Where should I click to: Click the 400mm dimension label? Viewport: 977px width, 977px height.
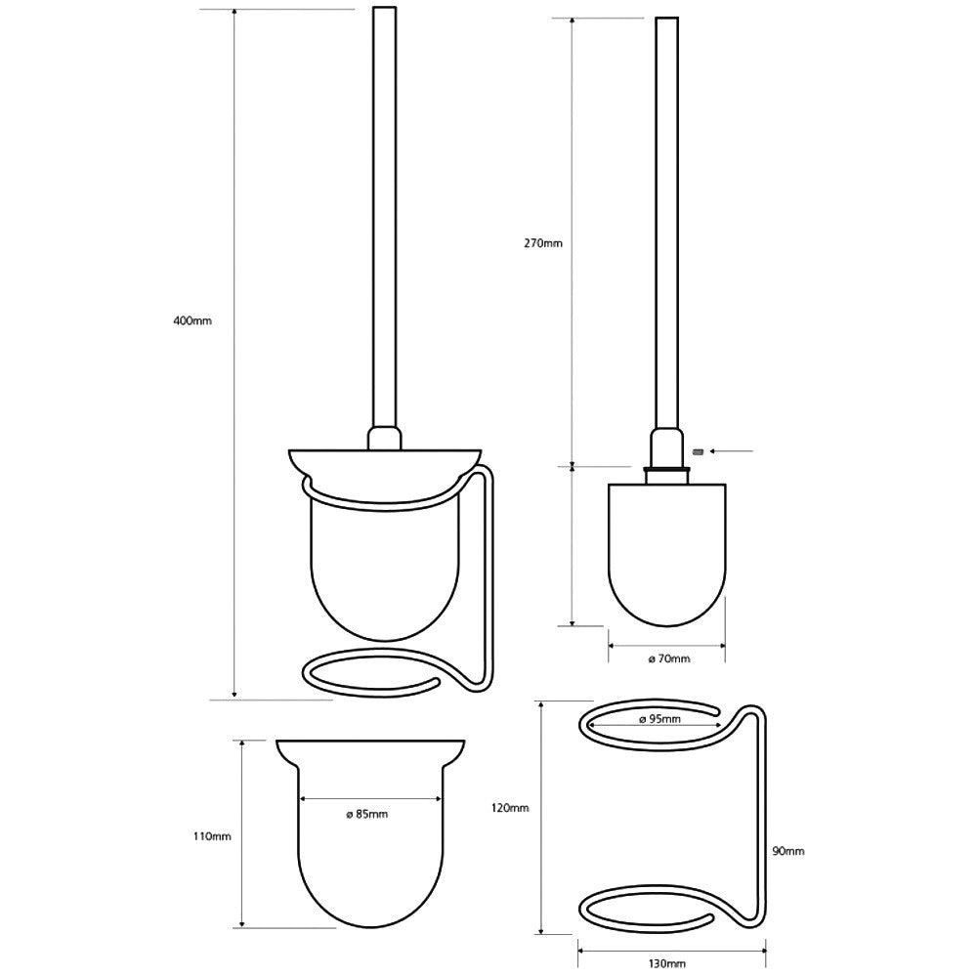192,321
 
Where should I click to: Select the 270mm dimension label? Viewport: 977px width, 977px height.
542,243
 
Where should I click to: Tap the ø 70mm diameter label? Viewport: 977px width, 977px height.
669,658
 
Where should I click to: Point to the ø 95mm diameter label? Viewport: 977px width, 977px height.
659,720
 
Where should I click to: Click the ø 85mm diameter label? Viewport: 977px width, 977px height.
367,815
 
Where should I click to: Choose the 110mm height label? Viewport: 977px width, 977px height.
212,836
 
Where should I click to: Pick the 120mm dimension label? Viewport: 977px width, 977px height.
510,808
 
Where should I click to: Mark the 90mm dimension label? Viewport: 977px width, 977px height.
788,851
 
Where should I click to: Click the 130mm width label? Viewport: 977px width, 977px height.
666,964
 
